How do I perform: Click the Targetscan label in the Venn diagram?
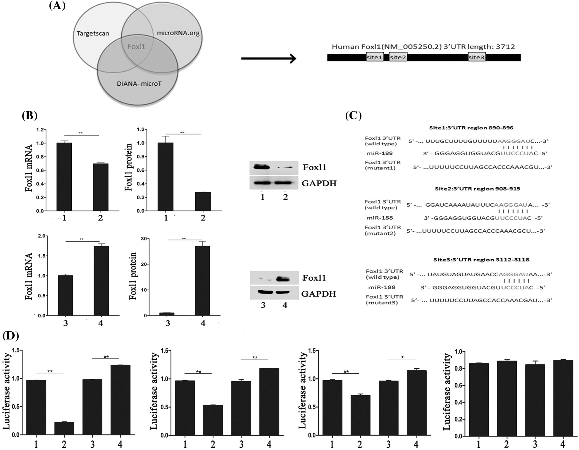pyautogui.click(x=93, y=34)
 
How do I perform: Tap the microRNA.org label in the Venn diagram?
pyautogui.click(x=178, y=33)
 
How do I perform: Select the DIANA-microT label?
pyautogui.click(x=139, y=84)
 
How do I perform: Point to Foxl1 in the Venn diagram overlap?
pyautogui.click(x=136, y=47)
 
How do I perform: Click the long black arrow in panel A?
pyautogui.click(x=268, y=58)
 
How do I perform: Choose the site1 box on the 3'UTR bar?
pyautogui.click(x=375, y=57)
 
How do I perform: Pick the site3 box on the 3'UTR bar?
pyautogui.click(x=476, y=57)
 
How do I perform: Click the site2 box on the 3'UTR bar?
pyautogui.click(x=398, y=57)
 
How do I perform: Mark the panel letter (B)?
pyautogui.click(x=30, y=116)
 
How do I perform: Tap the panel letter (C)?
pyautogui.click(x=353, y=116)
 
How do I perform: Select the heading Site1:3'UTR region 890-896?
pyautogui.click(x=471, y=128)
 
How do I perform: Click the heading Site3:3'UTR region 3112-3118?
pyautogui.click(x=481, y=260)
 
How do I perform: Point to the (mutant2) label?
pyautogui.click(x=380, y=233)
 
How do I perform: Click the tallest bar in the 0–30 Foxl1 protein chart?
pyautogui.click(x=202, y=281)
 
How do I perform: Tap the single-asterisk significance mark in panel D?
pyautogui.click(x=402, y=357)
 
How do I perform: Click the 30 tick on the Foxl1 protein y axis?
pyautogui.click(x=144, y=239)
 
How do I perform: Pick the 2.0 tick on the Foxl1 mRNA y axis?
pyautogui.click(x=42, y=236)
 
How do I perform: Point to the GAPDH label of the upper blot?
pyautogui.click(x=319, y=183)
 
